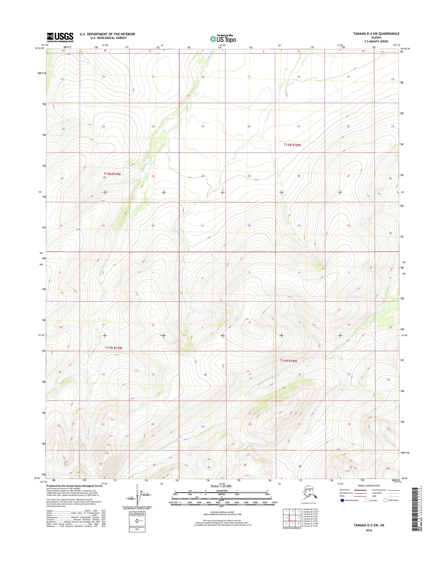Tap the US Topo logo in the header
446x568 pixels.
[223, 39]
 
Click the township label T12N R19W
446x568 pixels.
[112, 174]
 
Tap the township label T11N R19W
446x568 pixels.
[114, 348]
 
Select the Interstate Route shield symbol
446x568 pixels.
[342, 500]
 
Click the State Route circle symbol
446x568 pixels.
[385, 500]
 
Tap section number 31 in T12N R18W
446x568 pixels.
[203, 226]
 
